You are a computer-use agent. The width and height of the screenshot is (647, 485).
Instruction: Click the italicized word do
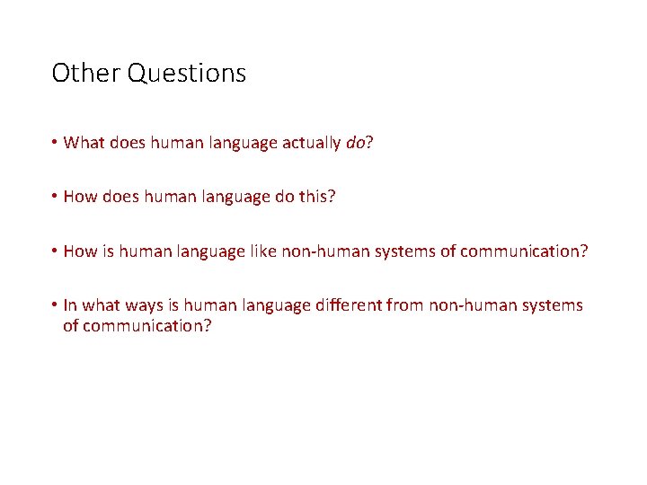click(355, 142)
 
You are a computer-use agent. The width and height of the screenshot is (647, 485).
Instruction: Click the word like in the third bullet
click(261, 251)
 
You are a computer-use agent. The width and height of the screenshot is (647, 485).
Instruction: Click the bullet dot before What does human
click(55, 142)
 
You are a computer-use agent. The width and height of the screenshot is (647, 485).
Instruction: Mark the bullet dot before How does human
click(55, 197)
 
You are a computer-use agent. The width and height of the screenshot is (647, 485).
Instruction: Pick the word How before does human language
click(80, 197)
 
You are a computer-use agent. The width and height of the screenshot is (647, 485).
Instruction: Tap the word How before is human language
click(80, 251)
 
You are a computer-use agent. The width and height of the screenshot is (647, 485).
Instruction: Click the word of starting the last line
click(71, 326)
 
